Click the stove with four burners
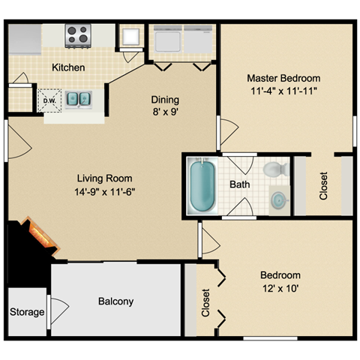click(78, 36)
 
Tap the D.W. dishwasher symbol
click(49, 100)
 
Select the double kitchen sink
click(79, 99)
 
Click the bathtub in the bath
click(202, 186)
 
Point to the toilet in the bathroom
click(276, 169)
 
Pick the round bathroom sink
click(278, 200)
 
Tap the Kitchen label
click(68, 67)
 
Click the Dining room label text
click(165, 100)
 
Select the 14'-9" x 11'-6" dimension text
click(105, 192)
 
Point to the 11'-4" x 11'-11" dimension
click(283, 91)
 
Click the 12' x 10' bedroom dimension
click(280, 289)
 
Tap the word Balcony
click(115, 301)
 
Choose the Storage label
click(27, 312)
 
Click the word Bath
click(240, 184)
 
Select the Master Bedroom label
click(283, 78)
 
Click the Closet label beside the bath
click(323, 186)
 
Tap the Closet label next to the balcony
click(205, 303)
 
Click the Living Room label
click(104, 178)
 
